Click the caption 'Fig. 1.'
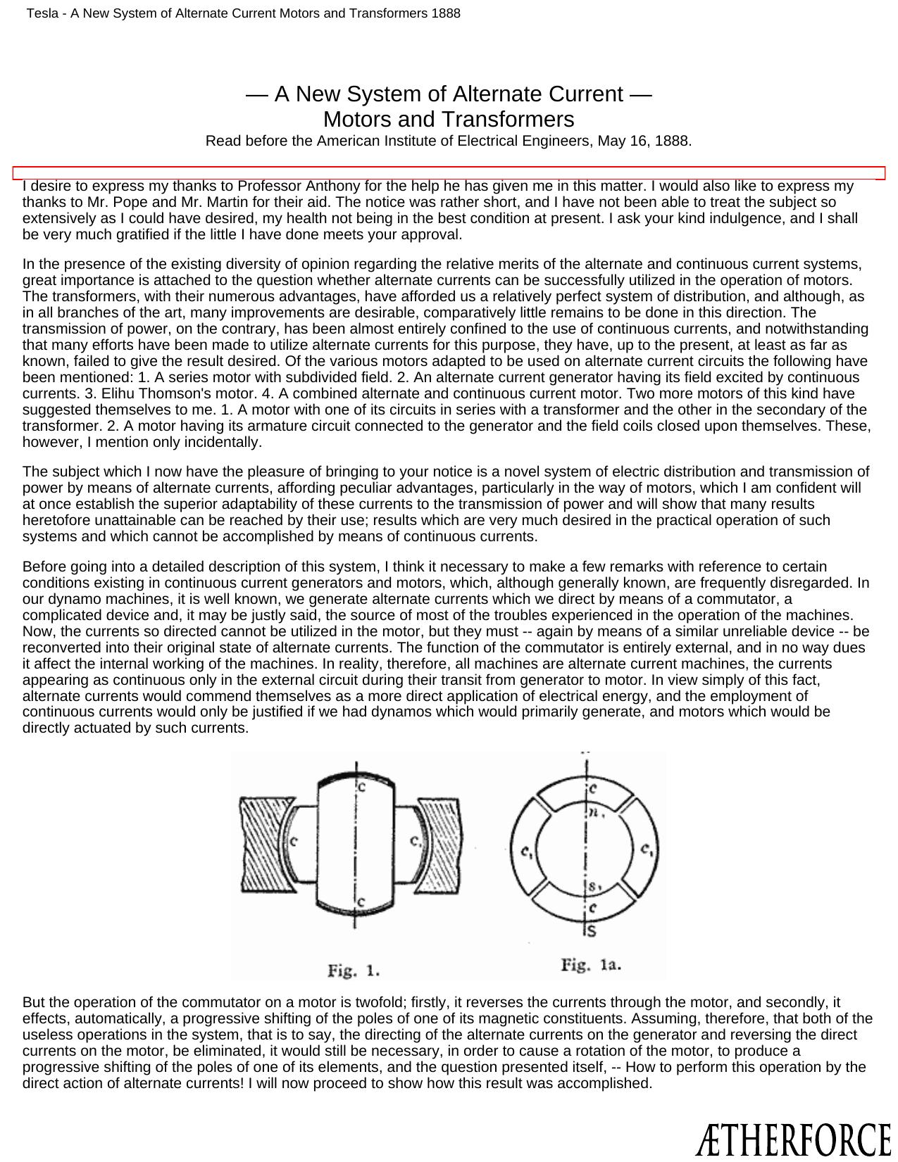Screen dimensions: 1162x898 (x=354, y=971)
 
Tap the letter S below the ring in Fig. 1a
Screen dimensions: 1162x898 (x=592, y=932)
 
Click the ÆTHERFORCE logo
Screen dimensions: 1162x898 (x=792, y=1139)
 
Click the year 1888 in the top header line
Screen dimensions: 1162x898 (x=447, y=13)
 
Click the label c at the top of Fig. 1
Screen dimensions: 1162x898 (x=362, y=787)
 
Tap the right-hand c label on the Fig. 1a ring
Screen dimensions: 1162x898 (x=646, y=850)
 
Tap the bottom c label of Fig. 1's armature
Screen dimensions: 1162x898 (x=361, y=902)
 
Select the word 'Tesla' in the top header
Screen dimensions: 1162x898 (x=42, y=13)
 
